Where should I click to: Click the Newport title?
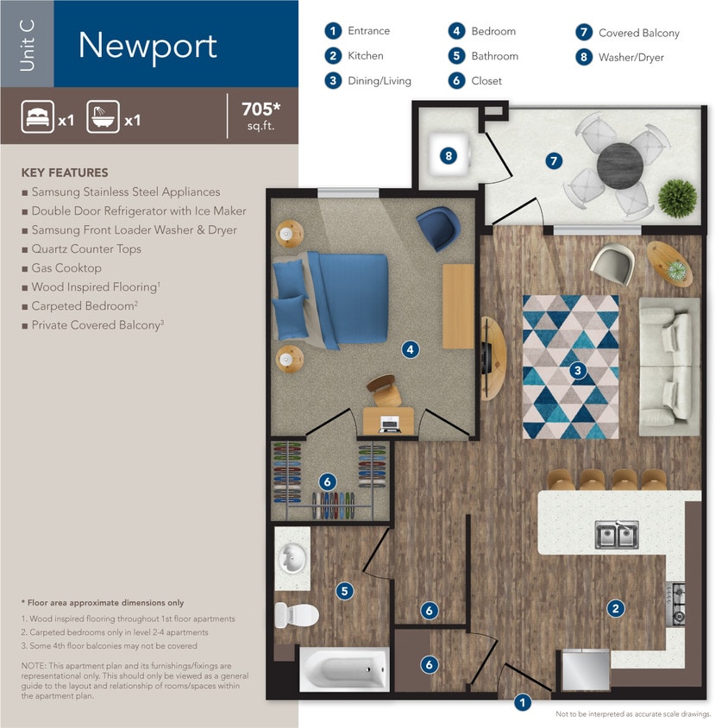pos(147,45)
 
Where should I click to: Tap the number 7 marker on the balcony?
pos(554,160)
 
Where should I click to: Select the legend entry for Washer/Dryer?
pos(620,58)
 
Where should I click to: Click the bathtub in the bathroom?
pos(344,669)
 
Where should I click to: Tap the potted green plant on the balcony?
pos(677,198)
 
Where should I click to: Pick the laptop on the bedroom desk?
pos(389,424)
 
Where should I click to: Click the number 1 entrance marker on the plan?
pos(522,702)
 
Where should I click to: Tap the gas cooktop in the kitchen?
pos(676,603)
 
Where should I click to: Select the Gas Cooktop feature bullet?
pos(66,268)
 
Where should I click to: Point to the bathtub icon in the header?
pos(103,116)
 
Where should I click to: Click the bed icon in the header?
pos(37,116)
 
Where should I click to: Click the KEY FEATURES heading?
pos(65,173)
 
